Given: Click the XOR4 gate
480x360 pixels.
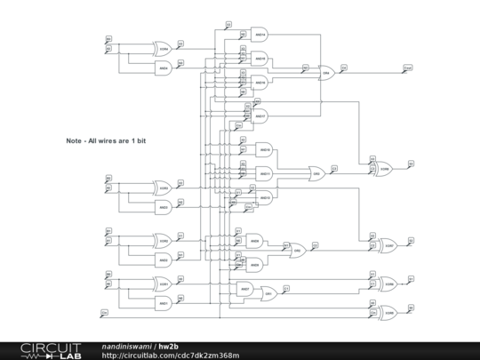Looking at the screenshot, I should [164, 47].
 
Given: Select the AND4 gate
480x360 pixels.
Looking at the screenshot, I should [164, 68].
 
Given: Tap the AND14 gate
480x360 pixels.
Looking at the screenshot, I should [260, 34].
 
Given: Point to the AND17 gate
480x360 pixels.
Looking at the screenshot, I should [260, 116].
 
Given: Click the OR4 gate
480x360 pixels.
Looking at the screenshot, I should [326, 72].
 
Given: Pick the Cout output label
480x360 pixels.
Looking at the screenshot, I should [407, 68].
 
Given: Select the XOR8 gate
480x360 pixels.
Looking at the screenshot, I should [385, 167].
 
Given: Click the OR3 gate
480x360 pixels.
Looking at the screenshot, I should [316, 172].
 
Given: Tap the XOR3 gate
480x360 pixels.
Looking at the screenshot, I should [164, 188].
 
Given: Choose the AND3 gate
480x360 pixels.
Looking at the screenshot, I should [164, 207].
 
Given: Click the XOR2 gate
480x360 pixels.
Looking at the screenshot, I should [164, 240].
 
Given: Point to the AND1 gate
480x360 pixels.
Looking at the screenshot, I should [164, 304].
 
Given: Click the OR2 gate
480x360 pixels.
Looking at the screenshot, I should [298, 251].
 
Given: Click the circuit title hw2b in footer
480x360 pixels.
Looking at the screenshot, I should [169, 345].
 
